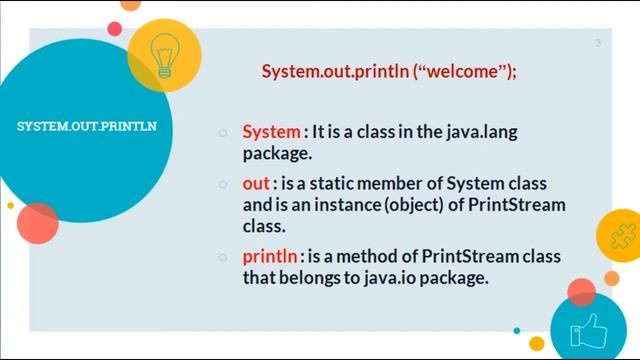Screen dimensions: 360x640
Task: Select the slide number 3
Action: click(x=598, y=43)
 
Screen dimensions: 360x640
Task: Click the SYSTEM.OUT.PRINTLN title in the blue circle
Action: click(x=87, y=127)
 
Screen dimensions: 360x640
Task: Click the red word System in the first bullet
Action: click(x=271, y=132)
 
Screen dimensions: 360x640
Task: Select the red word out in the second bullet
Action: click(x=256, y=184)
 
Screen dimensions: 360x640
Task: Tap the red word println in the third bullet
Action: click(x=269, y=257)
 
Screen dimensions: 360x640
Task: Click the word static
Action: click(x=358, y=184)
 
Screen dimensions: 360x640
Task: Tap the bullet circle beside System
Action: click(x=224, y=133)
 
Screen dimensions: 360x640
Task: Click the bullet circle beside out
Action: click(x=224, y=185)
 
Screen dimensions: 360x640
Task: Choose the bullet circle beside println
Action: click(x=224, y=258)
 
